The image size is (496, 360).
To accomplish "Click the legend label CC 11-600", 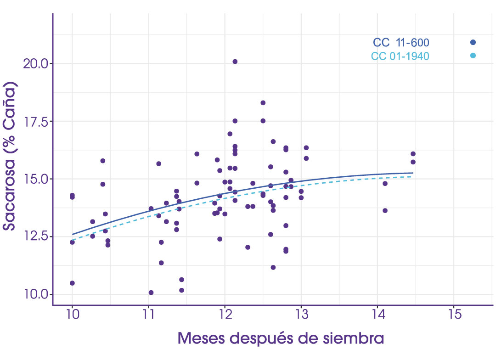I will pos(401,43).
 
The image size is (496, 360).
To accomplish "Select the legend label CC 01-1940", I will pos(400,56).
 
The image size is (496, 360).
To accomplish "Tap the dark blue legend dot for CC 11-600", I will pos(473,42).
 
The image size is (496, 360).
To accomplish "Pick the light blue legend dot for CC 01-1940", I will pos(473,56).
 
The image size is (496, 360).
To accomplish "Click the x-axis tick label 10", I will pos(72,315).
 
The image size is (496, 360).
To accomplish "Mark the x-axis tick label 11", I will pos(148,315).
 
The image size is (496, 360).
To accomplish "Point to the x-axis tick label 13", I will pos(301,315).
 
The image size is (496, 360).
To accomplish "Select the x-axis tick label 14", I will pos(377,315).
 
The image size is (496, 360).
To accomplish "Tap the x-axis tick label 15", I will pos(453,315).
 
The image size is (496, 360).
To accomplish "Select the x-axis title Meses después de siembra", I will pos(281,339).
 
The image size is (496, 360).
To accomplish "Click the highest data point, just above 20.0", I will pos(235,62).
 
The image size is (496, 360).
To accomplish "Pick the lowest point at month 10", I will pos(72,283).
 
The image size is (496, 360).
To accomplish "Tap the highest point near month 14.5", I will pos(413,154).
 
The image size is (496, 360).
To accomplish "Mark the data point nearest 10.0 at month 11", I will pos(151,292).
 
